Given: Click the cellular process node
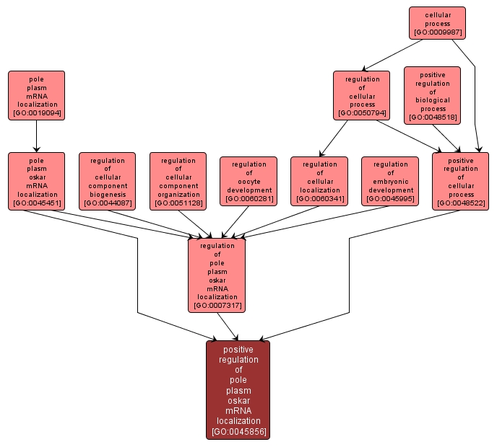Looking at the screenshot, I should pyautogui.click(x=437, y=22).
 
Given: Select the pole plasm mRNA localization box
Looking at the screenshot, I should pyautogui.click(x=36, y=94).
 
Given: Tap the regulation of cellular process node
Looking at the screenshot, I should pyautogui.click(x=361, y=94).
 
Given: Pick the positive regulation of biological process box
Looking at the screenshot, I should pyautogui.click(x=432, y=94).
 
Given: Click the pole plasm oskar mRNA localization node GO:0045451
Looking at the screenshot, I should pyautogui.click(x=36, y=180).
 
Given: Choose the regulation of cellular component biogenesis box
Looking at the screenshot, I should pyautogui.click(x=107, y=180).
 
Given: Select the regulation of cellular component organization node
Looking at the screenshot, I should pyautogui.click(x=178, y=180).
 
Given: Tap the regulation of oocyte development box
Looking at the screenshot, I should pyautogui.click(x=248, y=180).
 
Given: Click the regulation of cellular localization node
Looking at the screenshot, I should pyautogui.click(x=319, y=180).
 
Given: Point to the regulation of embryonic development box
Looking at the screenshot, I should pyautogui.click(x=390, y=180).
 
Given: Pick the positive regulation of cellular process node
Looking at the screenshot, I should pyautogui.click(x=460, y=180).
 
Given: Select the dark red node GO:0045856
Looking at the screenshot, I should pyautogui.click(x=238, y=389).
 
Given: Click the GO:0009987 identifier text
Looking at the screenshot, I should pyautogui.click(x=437, y=32).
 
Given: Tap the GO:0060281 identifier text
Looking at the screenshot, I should pyautogui.click(x=248, y=199).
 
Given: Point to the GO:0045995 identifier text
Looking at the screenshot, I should pyautogui.click(x=390, y=199).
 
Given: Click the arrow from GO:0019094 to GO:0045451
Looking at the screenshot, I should pyautogui.click(x=36, y=136).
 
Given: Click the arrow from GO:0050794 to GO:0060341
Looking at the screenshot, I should pyautogui.click(x=334, y=138).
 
